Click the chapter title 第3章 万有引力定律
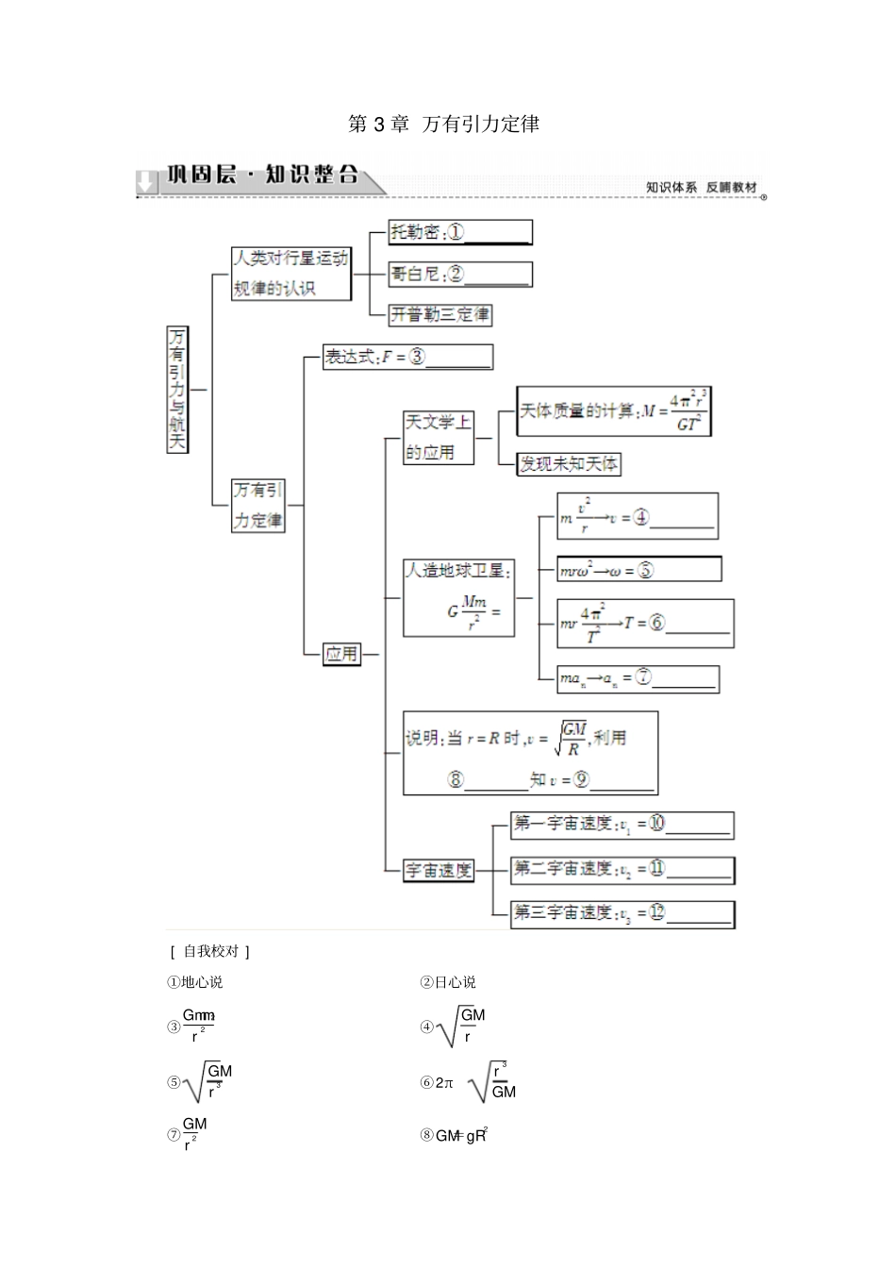point(443,124)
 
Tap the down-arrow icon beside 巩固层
point(146,181)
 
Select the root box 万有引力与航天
point(176,389)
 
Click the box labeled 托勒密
point(460,232)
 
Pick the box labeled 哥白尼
point(460,274)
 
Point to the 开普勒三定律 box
point(440,314)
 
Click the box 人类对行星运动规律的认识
point(290,274)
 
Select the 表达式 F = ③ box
point(407,357)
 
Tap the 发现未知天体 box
point(569,463)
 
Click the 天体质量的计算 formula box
point(613,411)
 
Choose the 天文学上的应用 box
point(438,437)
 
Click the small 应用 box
point(341,653)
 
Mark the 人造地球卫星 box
point(458,598)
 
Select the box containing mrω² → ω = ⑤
point(639,569)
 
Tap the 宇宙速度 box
point(438,870)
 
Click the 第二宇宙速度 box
point(622,869)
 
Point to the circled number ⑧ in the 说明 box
point(456,779)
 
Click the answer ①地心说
point(195,982)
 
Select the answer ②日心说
point(448,982)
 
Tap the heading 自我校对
point(210,951)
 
